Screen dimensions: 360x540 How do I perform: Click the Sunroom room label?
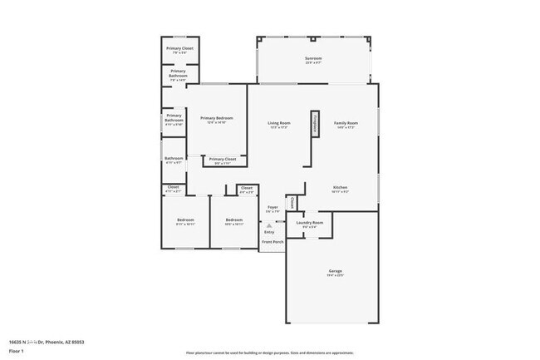(x=313, y=58)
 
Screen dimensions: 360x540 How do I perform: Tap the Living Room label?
(x=278, y=123)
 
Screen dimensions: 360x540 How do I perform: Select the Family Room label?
(x=346, y=123)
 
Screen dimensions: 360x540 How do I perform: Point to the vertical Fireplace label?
(x=315, y=124)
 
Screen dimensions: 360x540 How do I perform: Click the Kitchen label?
(x=341, y=187)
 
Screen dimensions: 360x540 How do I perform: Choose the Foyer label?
(x=272, y=207)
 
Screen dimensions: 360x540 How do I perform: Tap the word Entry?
(x=269, y=232)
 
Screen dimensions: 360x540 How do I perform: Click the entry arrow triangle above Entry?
(x=269, y=224)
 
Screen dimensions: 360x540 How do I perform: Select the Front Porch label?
(x=272, y=242)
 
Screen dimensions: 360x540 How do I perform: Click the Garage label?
(x=335, y=271)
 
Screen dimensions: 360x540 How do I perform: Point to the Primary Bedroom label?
(x=217, y=118)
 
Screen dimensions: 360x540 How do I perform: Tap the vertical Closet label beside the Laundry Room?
(x=292, y=202)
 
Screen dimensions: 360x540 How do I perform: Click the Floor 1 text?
(x=17, y=352)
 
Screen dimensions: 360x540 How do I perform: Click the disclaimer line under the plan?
(x=270, y=353)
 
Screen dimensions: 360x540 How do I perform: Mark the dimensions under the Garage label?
(x=335, y=276)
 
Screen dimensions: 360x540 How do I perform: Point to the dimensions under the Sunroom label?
(x=313, y=63)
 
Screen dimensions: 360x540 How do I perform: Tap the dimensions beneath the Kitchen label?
(x=341, y=192)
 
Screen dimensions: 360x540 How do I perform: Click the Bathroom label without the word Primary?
(x=174, y=158)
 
